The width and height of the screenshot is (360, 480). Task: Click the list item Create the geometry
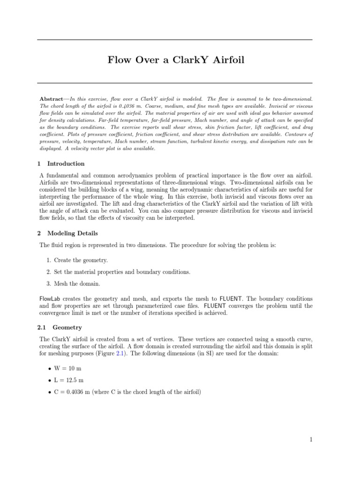coord(81,260)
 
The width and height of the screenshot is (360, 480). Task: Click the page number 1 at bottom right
coord(310,439)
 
